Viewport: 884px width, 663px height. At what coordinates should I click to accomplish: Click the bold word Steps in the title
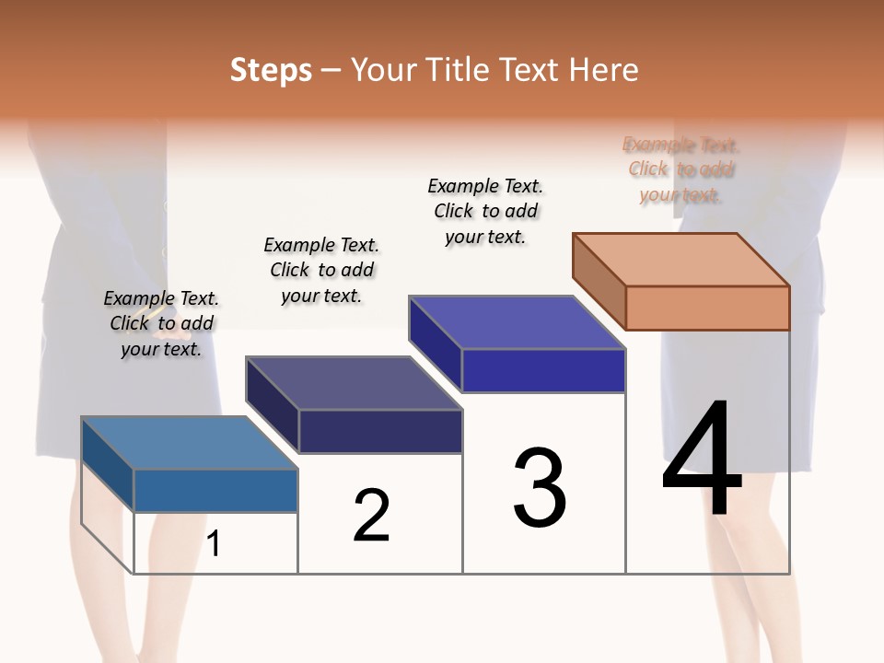point(271,70)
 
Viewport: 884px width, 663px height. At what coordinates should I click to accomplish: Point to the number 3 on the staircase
point(540,488)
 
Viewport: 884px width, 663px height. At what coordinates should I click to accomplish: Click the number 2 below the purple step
point(372,516)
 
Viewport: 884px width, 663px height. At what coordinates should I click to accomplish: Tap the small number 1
point(214,543)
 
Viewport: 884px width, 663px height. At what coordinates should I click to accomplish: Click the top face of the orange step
point(681,259)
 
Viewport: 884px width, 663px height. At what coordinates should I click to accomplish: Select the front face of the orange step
point(707,308)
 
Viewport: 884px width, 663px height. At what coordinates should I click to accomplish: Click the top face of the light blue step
point(190,443)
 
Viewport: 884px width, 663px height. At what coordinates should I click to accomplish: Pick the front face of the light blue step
point(215,491)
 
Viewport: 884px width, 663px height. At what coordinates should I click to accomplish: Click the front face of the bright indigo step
point(543,370)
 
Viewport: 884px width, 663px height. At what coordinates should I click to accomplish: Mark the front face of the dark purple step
point(379,431)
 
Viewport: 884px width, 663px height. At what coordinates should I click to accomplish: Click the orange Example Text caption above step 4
point(680,169)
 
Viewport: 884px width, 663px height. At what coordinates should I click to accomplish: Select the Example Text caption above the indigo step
point(485,211)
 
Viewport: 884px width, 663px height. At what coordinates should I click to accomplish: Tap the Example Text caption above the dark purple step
point(321,270)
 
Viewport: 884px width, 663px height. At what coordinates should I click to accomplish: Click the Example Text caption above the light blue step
point(161,323)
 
